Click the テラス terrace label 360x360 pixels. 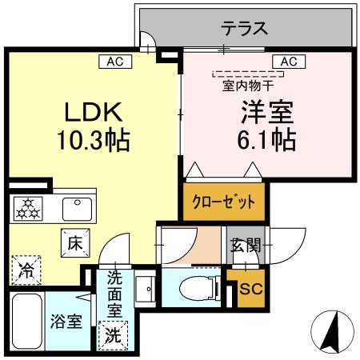[x=244, y=29]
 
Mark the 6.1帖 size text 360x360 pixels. [x=256, y=142]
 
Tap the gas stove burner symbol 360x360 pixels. [x=29, y=209]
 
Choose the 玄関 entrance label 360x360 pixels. [x=246, y=245]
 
